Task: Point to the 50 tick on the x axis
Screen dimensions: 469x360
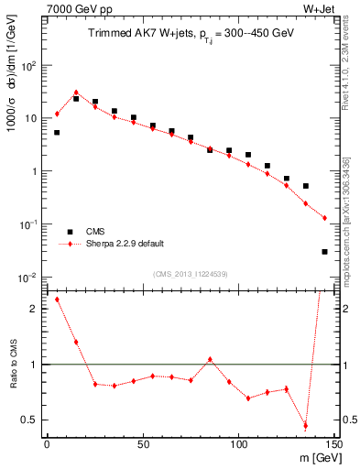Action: (x=142, y=445)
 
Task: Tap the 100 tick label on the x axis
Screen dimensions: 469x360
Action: (x=238, y=445)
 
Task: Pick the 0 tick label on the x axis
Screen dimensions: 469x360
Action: (x=47, y=445)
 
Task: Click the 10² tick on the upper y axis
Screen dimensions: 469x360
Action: (x=27, y=66)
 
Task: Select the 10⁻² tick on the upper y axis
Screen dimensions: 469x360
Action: (x=27, y=278)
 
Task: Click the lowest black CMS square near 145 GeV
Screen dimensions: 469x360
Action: (x=325, y=251)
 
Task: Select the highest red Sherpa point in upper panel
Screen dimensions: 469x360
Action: (x=76, y=93)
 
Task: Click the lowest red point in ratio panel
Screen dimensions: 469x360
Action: (x=305, y=426)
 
